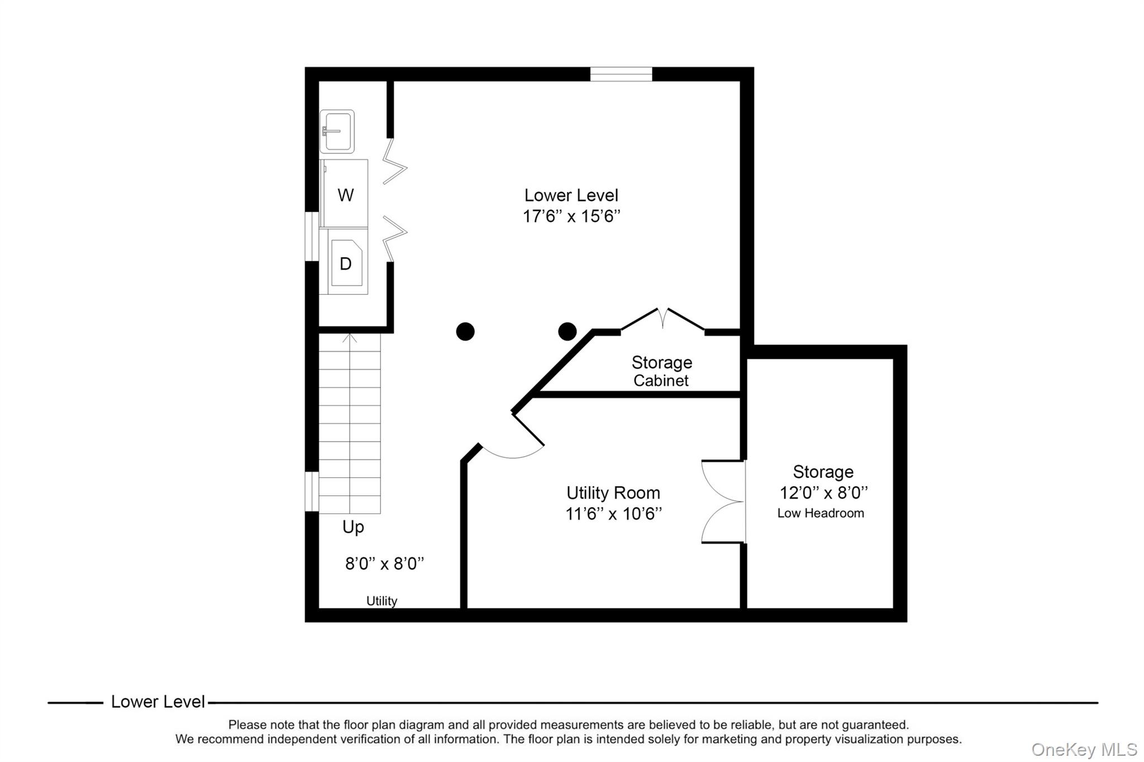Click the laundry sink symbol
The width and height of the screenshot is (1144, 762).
point(337,132)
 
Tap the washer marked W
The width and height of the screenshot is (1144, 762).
point(344,194)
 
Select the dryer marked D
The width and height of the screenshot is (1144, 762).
point(344,262)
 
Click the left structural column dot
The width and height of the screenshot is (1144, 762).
point(465,332)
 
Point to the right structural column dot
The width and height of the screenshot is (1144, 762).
point(568,332)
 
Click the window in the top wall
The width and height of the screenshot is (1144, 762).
point(621,74)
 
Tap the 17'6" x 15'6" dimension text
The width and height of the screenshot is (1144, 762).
point(571,216)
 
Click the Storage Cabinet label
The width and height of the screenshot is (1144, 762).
point(662,371)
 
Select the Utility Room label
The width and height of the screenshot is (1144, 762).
point(613,493)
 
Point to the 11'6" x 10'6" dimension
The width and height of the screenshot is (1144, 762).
point(613,514)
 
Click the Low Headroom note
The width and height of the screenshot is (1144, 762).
point(821,513)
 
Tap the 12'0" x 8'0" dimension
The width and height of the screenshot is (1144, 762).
point(824,493)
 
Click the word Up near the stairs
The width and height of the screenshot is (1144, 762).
point(353,527)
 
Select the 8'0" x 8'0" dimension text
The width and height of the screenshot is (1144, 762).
point(385,563)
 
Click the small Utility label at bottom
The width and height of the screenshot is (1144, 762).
point(382,601)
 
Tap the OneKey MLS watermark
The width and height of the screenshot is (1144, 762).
point(1084,749)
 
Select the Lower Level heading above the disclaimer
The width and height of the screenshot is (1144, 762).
point(158,702)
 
